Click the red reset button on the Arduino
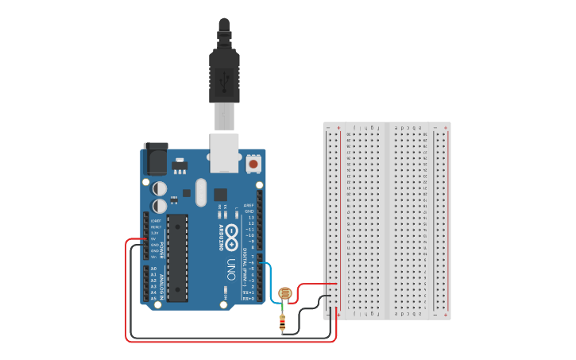[x=253, y=164]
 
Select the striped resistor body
[x=282, y=323]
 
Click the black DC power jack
[x=154, y=160]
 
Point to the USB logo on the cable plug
[x=224, y=80]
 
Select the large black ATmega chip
[x=177, y=257]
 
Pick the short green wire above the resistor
[x=283, y=310]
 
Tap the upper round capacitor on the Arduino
[x=160, y=188]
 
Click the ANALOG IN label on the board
[x=163, y=284]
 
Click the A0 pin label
[x=153, y=269]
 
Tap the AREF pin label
[x=249, y=204]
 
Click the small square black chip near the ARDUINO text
[x=220, y=195]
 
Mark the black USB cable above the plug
[x=224, y=32]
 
